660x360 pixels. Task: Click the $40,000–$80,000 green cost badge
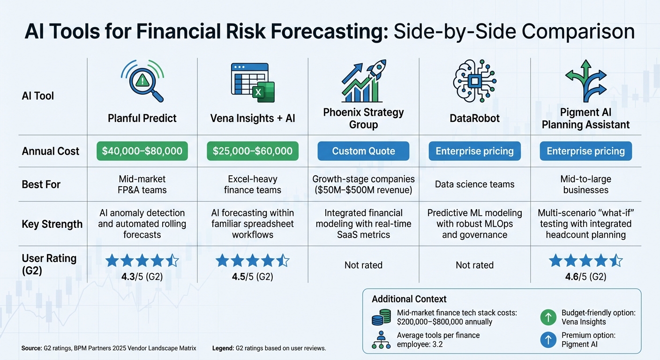click(x=142, y=151)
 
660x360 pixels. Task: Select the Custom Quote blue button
click(x=363, y=151)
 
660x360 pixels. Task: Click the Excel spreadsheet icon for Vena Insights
click(x=253, y=83)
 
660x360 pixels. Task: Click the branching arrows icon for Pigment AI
click(x=585, y=80)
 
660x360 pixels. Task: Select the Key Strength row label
click(x=52, y=224)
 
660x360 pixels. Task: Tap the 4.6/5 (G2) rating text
click(x=585, y=277)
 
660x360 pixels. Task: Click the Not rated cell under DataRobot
click(x=474, y=265)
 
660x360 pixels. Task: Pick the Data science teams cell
click(x=474, y=184)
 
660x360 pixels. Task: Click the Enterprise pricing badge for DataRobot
click(x=474, y=151)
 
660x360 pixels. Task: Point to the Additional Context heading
click(x=409, y=299)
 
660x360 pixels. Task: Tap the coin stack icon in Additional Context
click(x=381, y=317)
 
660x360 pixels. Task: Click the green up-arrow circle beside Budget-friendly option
click(x=548, y=317)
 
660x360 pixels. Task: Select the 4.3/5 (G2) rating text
click(x=142, y=277)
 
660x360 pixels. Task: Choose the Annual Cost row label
click(x=51, y=151)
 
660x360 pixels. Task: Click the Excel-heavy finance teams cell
click(x=253, y=184)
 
